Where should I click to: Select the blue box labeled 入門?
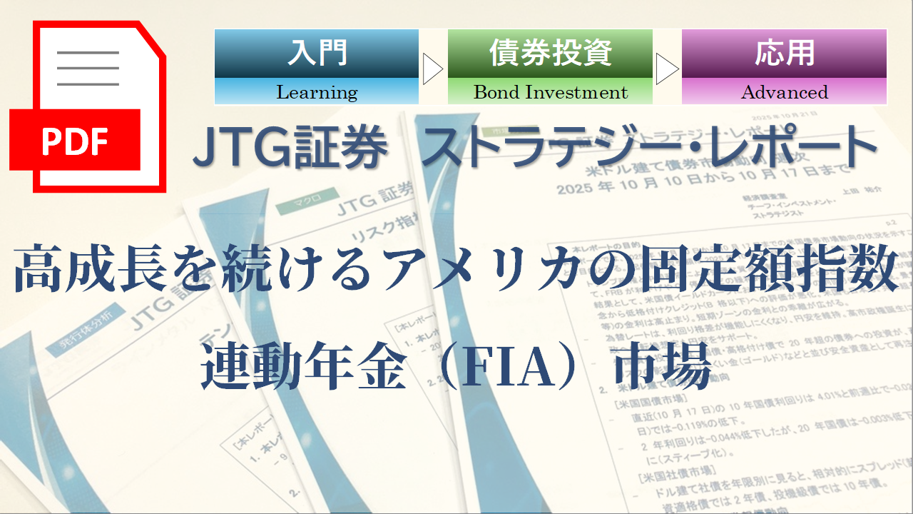point(317,54)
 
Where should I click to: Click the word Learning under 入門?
point(317,92)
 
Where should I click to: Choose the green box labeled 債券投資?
point(550,54)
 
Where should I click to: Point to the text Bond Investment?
point(550,92)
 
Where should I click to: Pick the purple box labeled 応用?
point(784,54)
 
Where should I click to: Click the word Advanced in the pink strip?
point(784,92)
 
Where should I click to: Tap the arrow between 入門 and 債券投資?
point(433,69)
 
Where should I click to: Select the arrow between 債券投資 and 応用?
point(667,69)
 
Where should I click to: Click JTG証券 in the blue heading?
point(291,147)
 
